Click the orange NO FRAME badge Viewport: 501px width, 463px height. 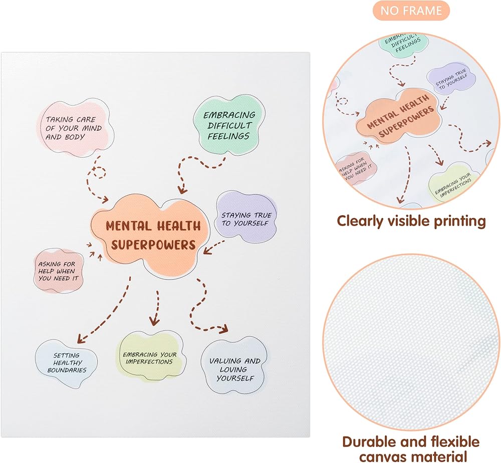tap(411, 11)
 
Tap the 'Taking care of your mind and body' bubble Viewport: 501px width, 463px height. tap(75, 128)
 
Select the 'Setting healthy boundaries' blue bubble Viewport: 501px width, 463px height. tap(66, 364)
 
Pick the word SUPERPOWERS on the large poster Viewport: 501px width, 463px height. tap(153, 245)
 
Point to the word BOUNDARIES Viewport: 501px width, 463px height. tap(67, 370)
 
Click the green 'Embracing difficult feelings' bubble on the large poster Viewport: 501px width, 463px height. tap(229, 125)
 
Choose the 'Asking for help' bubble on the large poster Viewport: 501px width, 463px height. tap(59, 271)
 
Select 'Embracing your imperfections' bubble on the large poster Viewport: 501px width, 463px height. tap(150, 356)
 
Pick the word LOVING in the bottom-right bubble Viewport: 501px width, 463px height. tap(233, 369)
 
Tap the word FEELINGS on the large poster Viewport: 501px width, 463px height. tap(228, 136)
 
